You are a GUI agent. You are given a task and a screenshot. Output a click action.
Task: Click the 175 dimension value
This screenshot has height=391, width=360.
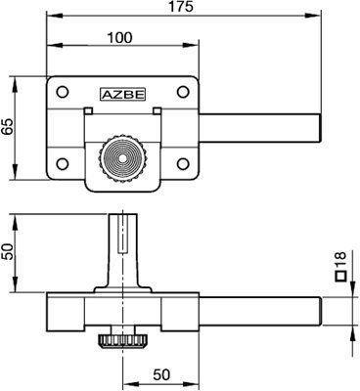tap(181, 7)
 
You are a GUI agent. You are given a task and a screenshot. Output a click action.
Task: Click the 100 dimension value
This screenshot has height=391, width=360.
tap(120, 37)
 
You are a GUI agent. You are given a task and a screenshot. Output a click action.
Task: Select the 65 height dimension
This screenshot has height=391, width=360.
tap(8, 127)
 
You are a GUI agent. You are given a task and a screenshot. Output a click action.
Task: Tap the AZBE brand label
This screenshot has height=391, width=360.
tap(122, 94)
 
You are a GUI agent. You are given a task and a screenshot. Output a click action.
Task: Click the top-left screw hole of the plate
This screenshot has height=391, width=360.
tap(62, 92)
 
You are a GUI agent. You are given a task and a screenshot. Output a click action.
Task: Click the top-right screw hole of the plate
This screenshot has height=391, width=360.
tap(183, 92)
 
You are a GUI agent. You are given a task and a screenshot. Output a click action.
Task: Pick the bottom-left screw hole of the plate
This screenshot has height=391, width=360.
tap(62, 163)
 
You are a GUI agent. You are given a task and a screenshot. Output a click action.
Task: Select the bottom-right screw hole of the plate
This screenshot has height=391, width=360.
tap(183, 163)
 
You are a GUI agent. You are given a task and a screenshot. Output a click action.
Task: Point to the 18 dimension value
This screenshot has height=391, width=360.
tap(339, 260)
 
